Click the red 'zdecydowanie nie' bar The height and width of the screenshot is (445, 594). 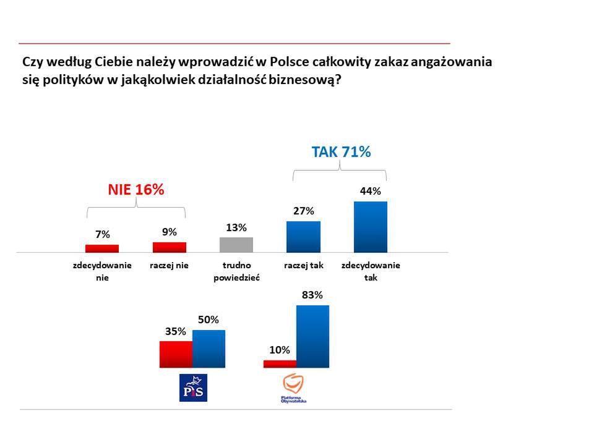pyautogui.click(x=101, y=248)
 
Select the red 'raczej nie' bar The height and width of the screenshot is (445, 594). pyautogui.click(x=170, y=247)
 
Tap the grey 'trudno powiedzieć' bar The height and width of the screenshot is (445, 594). pyautogui.click(x=236, y=245)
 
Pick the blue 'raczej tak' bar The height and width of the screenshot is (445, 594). pyautogui.click(x=303, y=237)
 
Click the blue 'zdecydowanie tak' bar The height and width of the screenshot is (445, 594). pyautogui.click(x=370, y=227)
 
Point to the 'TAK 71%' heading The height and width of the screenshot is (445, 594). pyautogui.click(x=341, y=152)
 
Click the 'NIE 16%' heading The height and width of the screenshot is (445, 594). pyautogui.click(x=136, y=190)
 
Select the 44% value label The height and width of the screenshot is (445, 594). pyautogui.click(x=370, y=192)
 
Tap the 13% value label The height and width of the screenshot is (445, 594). pyautogui.click(x=236, y=227)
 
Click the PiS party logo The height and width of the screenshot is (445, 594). pyautogui.click(x=193, y=388)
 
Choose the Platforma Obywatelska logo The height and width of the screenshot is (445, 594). pyautogui.click(x=294, y=388)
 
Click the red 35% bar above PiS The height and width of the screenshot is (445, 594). pyautogui.click(x=176, y=354)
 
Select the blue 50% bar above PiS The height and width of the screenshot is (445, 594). pyautogui.click(x=209, y=349)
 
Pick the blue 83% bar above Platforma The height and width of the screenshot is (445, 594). pyautogui.click(x=312, y=336)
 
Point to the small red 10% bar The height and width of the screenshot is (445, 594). pyautogui.click(x=280, y=364)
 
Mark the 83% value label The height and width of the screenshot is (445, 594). pyautogui.click(x=312, y=295)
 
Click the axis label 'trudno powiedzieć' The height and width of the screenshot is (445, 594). pyautogui.click(x=236, y=272)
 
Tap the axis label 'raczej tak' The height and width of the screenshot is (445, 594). pyautogui.click(x=304, y=266)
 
